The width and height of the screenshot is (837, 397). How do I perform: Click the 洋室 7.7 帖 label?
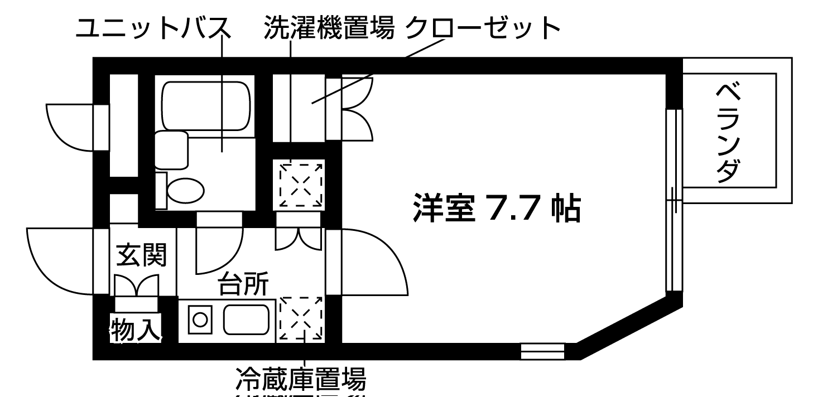coord(496,208)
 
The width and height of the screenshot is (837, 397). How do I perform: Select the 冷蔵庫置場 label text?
coord(301,380)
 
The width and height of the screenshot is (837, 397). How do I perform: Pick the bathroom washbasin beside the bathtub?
coord(171,149)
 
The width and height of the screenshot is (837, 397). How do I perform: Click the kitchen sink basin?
coord(246,319)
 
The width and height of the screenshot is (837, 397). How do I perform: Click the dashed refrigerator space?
coord(301,318)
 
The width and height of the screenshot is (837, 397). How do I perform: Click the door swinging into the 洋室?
coord(371,262)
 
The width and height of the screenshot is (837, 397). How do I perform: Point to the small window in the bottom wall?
coord(542,351)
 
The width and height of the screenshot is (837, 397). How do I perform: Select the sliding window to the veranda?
coord(674,201)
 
